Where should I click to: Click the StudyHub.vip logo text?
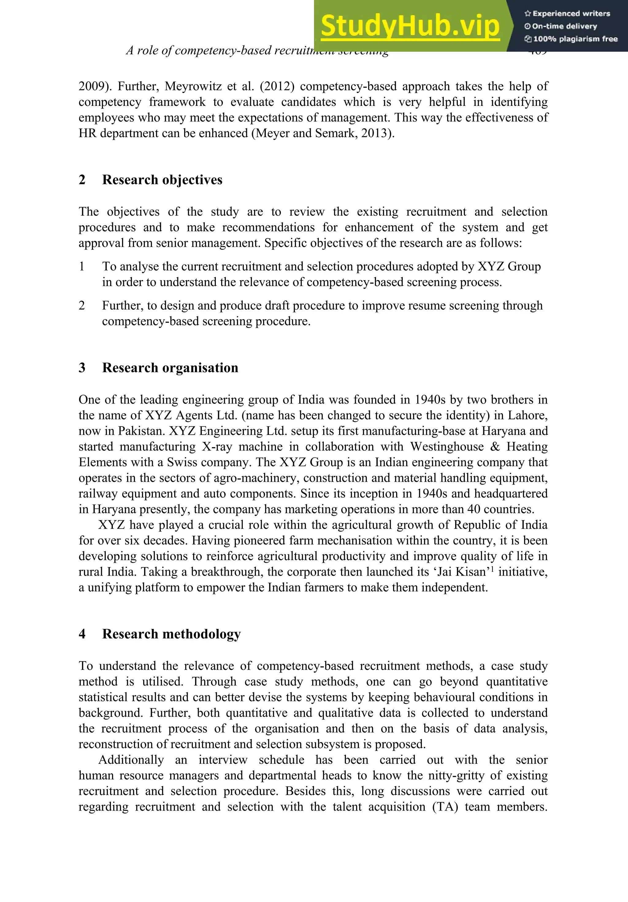pos(410,26)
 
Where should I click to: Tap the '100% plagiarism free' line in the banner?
pos(571,39)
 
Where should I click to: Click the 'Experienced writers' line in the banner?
pos(567,14)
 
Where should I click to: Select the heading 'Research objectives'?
pos(162,180)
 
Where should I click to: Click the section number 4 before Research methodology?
pos(82,634)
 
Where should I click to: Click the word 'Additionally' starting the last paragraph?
pos(131,760)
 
